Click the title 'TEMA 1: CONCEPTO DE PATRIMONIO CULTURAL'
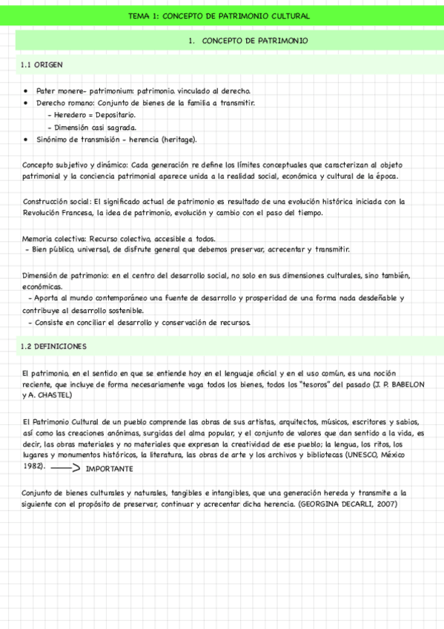(219, 16)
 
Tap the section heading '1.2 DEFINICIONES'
(54, 346)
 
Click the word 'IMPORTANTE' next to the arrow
(109, 469)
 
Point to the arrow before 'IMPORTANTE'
(67, 469)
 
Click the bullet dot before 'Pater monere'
(26, 90)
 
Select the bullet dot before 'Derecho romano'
(26, 102)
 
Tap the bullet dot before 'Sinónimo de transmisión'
(26, 139)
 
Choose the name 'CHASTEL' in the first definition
(53, 395)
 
